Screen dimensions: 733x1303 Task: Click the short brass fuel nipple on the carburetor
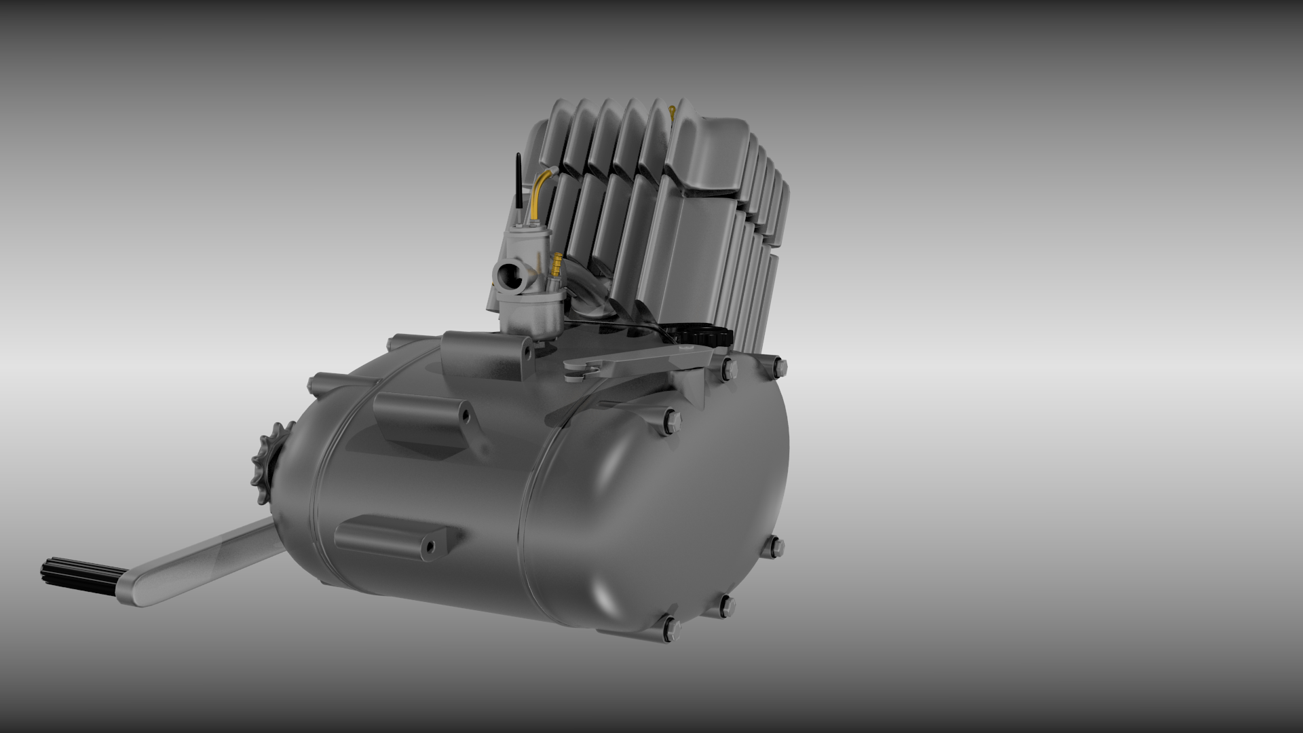tap(557, 264)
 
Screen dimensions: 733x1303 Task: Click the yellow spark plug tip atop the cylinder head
tap(673, 111)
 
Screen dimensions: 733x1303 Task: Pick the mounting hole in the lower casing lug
tap(430, 546)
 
